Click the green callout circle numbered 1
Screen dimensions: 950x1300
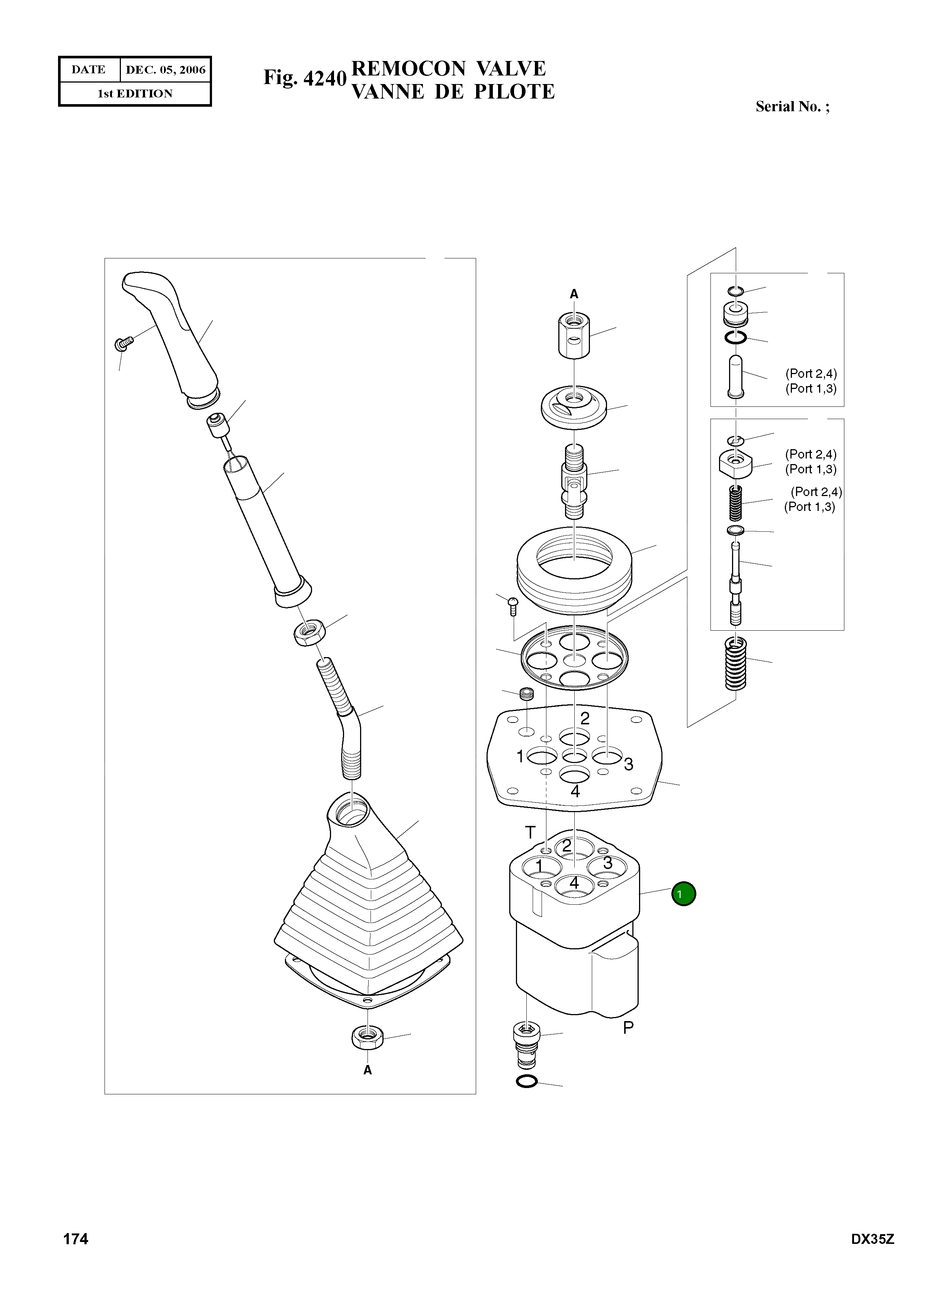coord(684,894)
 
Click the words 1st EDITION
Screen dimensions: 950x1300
coord(135,94)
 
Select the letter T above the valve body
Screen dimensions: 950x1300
coord(530,832)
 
